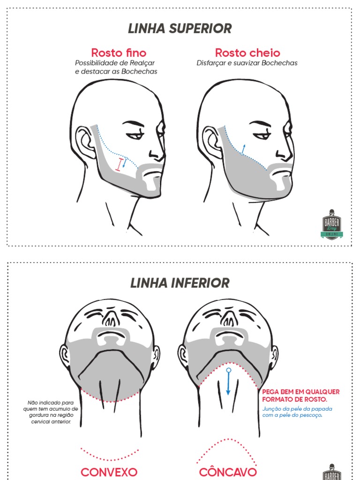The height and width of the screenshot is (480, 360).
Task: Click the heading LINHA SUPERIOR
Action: [180, 29]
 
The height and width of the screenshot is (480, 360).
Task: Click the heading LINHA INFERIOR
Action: [180, 283]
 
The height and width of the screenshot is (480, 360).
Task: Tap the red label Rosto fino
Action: [119, 52]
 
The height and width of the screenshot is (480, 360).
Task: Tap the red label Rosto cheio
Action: [247, 52]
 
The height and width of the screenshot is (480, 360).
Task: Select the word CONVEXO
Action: [109, 472]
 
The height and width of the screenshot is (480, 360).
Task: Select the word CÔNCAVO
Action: [228, 472]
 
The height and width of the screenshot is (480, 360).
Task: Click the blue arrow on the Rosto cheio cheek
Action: [243, 149]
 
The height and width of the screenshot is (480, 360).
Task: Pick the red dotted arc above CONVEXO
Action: [110, 455]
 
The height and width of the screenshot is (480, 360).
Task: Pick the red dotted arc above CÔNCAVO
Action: [228, 448]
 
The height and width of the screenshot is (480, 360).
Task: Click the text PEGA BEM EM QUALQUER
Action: [301, 391]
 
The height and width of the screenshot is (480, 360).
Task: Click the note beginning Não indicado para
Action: [52, 412]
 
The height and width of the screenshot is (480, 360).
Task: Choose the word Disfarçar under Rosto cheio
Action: [211, 63]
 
